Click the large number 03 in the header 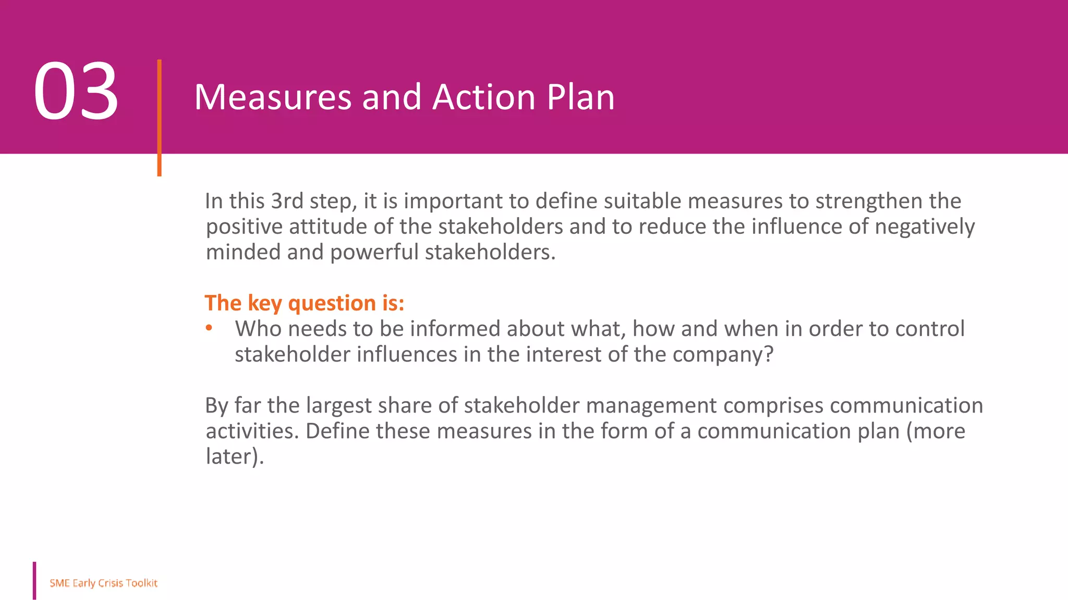click(x=76, y=92)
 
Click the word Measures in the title click(x=273, y=97)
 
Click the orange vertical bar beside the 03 click(x=159, y=117)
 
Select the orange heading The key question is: click(x=304, y=303)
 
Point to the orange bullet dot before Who click(x=209, y=328)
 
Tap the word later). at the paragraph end click(x=235, y=457)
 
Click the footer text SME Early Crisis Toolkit click(x=103, y=583)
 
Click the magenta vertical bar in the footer click(x=34, y=580)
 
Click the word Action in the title click(x=484, y=97)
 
